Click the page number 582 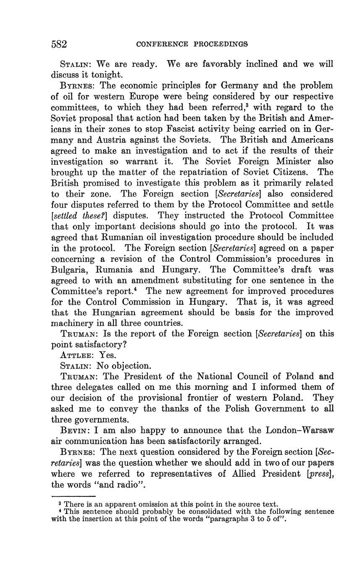(x=59, y=44)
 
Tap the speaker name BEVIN (x=75, y=430)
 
